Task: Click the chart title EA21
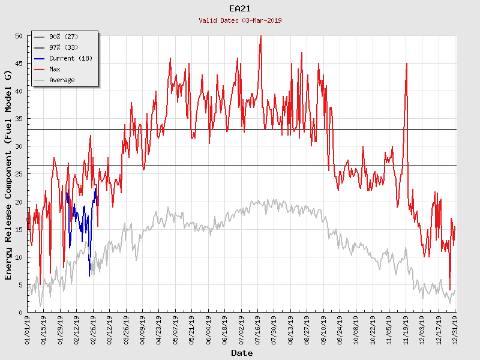point(240,8)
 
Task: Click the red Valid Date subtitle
point(240,20)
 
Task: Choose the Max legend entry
point(55,69)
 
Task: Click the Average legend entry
point(62,80)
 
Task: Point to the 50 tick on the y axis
point(19,36)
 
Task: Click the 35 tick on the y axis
point(19,119)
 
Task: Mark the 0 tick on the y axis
point(20,312)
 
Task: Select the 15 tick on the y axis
point(19,229)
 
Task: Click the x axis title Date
point(242,353)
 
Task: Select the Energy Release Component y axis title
point(8,174)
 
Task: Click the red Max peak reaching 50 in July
point(260,37)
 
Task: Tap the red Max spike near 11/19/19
point(407,65)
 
